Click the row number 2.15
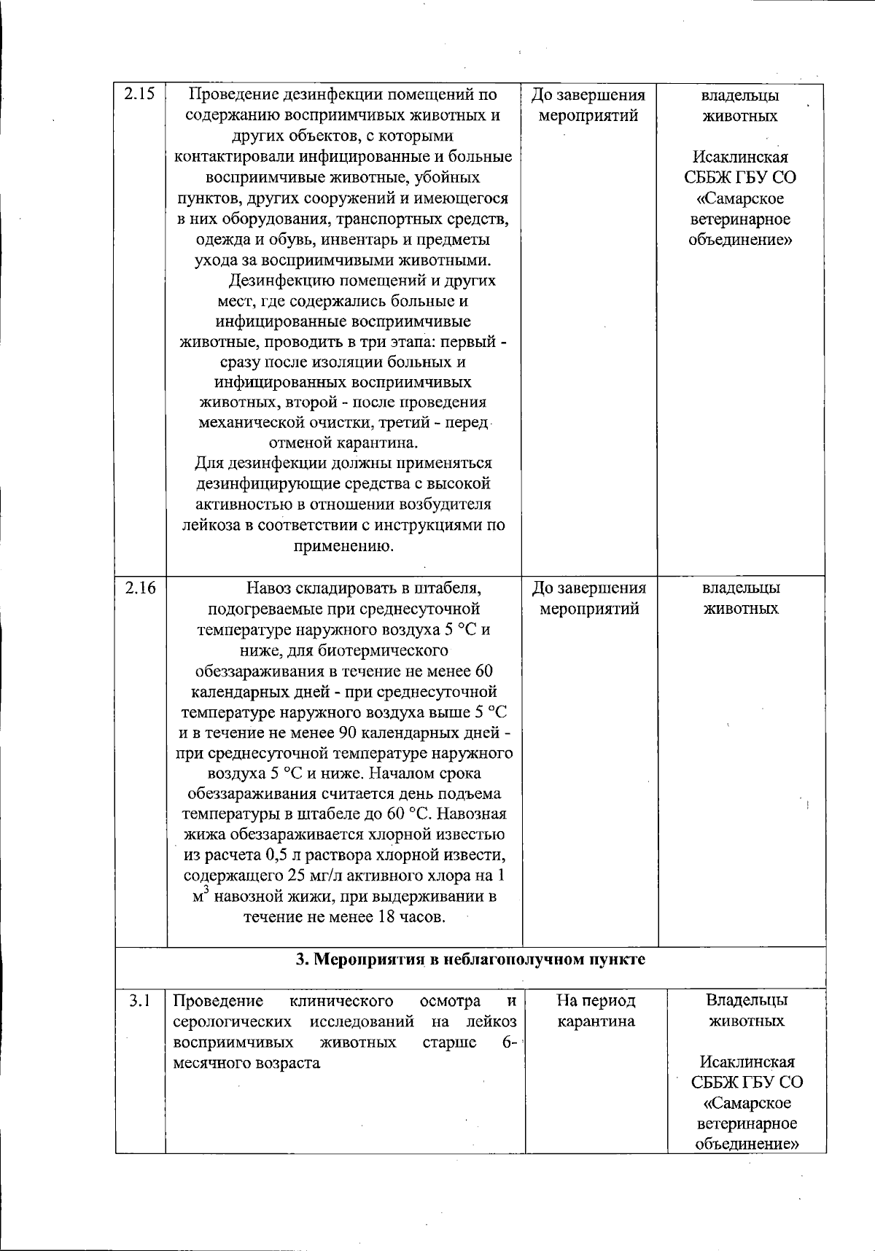pos(139,94)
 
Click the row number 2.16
pos(139,588)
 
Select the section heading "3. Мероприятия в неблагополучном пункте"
pos(470,959)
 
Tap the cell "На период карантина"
pos(596,1010)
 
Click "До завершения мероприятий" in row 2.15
pos(588,106)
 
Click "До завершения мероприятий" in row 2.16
pos(588,598)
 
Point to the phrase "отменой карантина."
pos(343,443)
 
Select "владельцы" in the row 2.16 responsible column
pos(741,588)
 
